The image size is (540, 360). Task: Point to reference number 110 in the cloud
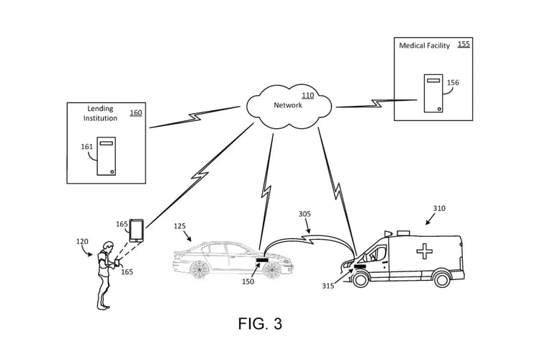click(307, 96)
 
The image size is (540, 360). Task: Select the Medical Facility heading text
click(424, 46)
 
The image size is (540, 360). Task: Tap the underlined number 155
click(464, 44)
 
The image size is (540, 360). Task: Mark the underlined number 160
click(136, 112)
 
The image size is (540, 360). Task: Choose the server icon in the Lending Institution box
click(106, 157)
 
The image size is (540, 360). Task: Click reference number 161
click(86, 146)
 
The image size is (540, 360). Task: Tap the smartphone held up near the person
click(136, 230)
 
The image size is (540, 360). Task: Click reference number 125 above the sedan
click(180, 226)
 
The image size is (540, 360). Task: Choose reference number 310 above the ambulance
click(439, 209)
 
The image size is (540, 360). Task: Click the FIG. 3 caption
click(260, 324)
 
